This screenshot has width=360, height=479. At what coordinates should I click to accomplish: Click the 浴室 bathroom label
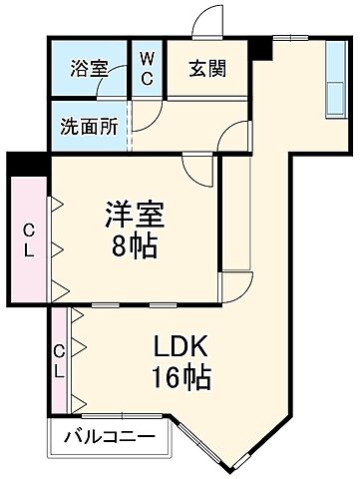89,69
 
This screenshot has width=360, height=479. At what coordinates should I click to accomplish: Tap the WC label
147,69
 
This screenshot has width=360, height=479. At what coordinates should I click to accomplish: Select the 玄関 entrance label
210,69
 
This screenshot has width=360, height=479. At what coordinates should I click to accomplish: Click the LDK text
180,348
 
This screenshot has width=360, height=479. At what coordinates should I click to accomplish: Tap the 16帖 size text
180,380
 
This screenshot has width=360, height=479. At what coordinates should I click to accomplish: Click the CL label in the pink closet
29,240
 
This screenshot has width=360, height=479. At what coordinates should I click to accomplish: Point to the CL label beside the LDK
59,360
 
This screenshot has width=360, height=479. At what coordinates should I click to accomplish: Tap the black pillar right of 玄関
261,46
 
